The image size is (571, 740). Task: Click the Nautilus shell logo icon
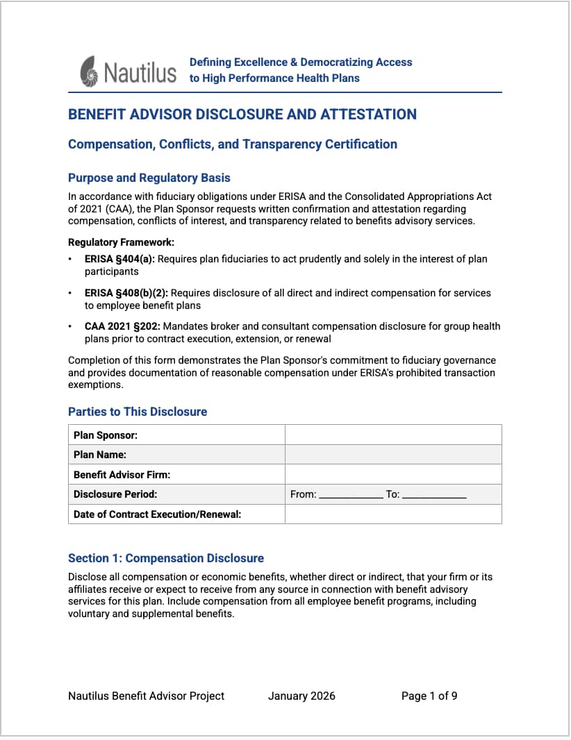[x=90, y=71]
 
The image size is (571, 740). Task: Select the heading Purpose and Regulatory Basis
[x=149, y=178]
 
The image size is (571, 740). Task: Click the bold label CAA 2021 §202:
[x=122, y=326]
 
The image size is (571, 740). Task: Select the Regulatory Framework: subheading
[x=121, y=242]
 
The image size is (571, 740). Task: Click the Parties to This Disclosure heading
[x=138, y=412]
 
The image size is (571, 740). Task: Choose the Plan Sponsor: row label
[x=106, y=435]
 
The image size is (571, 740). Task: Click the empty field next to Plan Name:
[x=393, y=455]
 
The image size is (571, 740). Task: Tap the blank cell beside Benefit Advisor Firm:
[x=393, y=475]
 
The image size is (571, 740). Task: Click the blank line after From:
[x=351, y=496]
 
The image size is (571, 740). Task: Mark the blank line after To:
[x=434, y=496]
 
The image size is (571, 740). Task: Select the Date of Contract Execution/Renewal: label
[x=157, y=514]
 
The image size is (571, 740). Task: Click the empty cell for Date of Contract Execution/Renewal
[x=393, y=514]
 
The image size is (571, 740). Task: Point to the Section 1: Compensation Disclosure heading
[x=166, y=558]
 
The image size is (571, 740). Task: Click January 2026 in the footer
[x=301, y=696]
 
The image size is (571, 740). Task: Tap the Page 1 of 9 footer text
[x=429, y=696]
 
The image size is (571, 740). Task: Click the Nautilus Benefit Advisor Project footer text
[x=146, y=696]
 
